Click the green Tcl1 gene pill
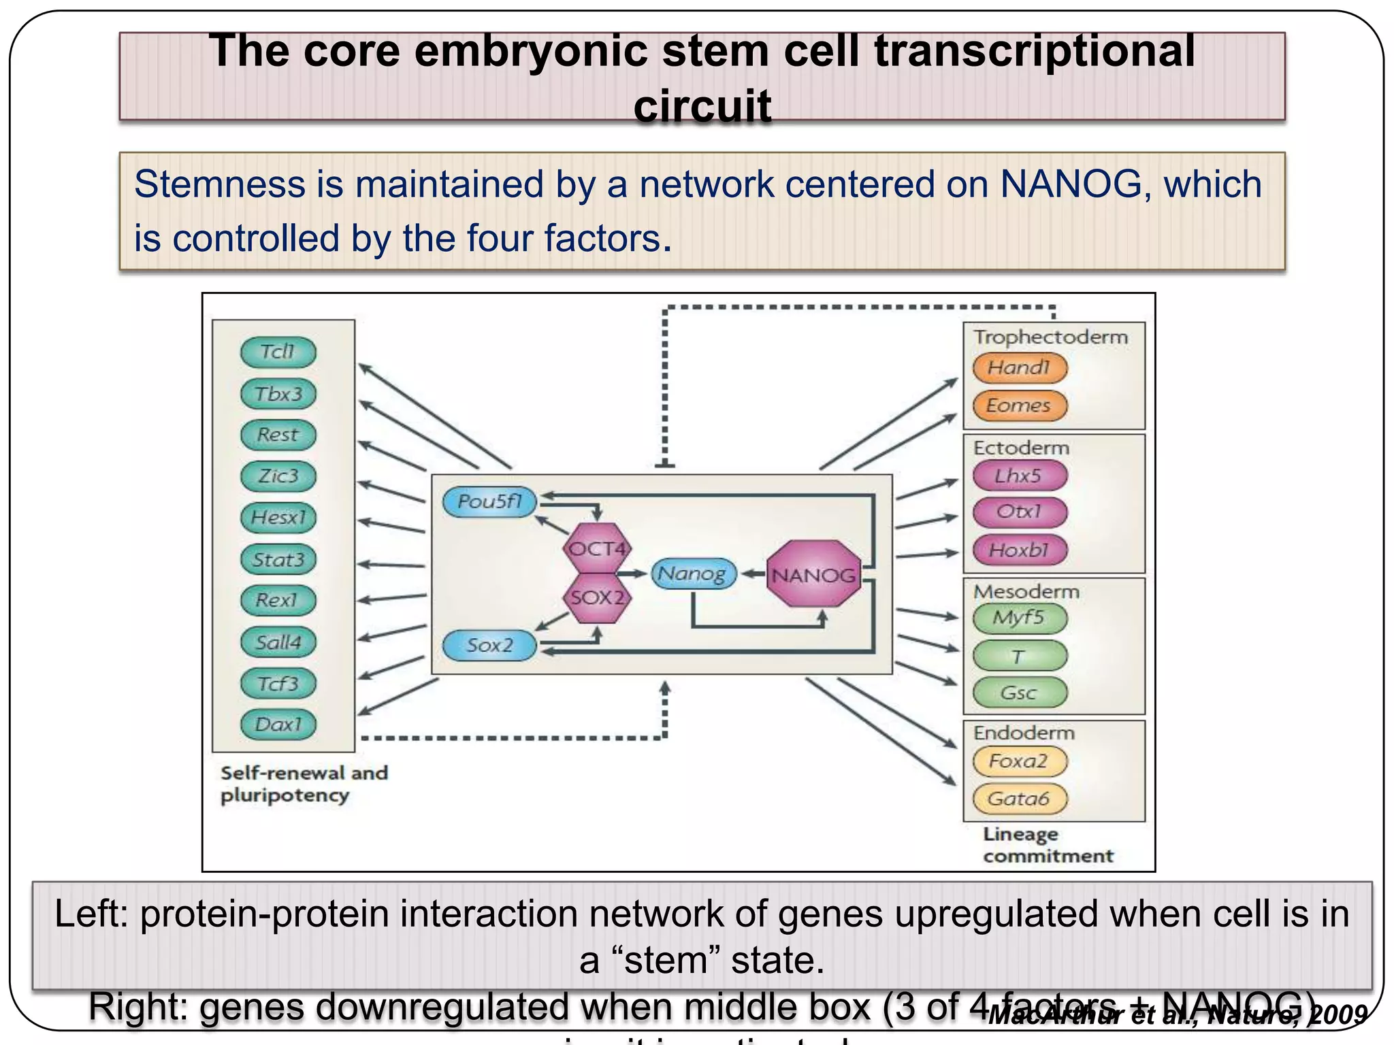[x=278, y=352]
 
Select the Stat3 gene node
[x=278, y=559]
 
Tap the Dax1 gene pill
[x=278, y=724]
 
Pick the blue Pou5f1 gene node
[x=489, y=502]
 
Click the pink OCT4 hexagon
[x=597, y=548]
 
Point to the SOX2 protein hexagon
[x=597, y=598]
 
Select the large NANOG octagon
[x=813, y=575]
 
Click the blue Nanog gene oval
[x=692, y=574]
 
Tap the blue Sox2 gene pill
[x=489, y=645]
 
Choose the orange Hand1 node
[x=1019, y=367]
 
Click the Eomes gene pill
[x=1019, y=405]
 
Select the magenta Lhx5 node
[x=1019, y=476]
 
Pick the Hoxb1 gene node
[x=1019, y=550]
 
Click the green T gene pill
[x=1019, y=656]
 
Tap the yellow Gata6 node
[x=1019, y=798]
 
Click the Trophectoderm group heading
[x=1050, y=337]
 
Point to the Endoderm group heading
[x=1024, y=733]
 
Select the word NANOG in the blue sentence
[x=1070, y=184]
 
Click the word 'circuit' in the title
[x=702, y=105]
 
